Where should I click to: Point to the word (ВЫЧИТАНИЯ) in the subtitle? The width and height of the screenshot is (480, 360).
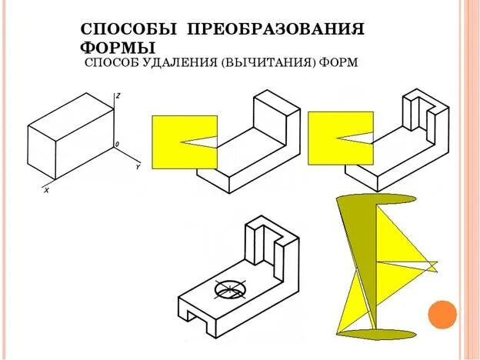point(268,63)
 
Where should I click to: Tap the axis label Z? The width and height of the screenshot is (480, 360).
point(117,95)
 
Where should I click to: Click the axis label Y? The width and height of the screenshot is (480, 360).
point(137,166)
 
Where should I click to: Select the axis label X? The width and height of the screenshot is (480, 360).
point(46,189)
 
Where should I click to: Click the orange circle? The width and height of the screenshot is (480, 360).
point(442,314)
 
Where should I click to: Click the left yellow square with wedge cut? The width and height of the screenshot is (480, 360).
point(182,142)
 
